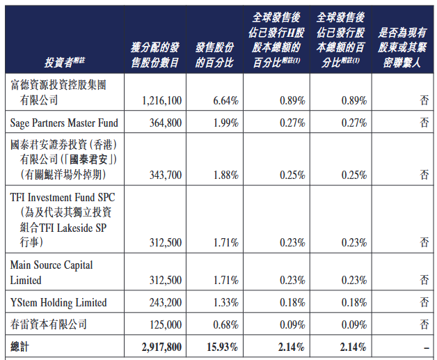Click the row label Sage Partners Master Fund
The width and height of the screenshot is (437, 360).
64,123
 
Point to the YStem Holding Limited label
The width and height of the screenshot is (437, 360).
58,303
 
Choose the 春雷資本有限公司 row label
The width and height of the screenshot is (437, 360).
49,324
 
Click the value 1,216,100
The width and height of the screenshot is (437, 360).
161,101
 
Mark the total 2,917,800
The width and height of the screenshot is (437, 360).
161,346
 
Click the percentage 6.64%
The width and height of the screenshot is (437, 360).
225,101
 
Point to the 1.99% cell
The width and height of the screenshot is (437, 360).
225,123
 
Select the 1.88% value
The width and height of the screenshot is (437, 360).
225,175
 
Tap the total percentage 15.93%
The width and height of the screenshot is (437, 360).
222,346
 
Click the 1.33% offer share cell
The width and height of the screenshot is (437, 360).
225,303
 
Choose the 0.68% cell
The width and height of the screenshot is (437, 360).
225,324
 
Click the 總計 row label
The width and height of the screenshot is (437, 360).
21,346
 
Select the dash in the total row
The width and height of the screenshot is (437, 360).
424,346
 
